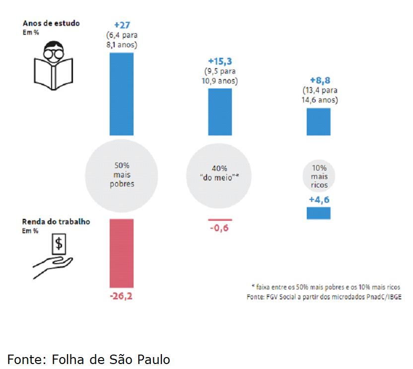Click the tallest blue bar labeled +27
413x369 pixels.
[x=121, y=93]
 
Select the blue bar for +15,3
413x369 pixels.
[x=219, y=112]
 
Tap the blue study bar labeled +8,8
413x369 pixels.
[x=318, y=121]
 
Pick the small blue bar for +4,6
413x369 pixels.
[x=318, y=213]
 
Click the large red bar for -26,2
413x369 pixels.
[x=121, y=253]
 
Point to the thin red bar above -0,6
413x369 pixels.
[x=219, y=219]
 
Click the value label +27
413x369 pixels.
[x=122, y=24]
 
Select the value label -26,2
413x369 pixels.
[x=121, y=296]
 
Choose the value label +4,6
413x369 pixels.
[x=318, y=199]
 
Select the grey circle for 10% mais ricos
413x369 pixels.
[x=318, y=175]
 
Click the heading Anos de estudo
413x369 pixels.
[x=51, y=23]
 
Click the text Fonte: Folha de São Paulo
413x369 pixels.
[x=89, y=359]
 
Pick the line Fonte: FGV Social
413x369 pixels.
[x=324, y=297]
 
